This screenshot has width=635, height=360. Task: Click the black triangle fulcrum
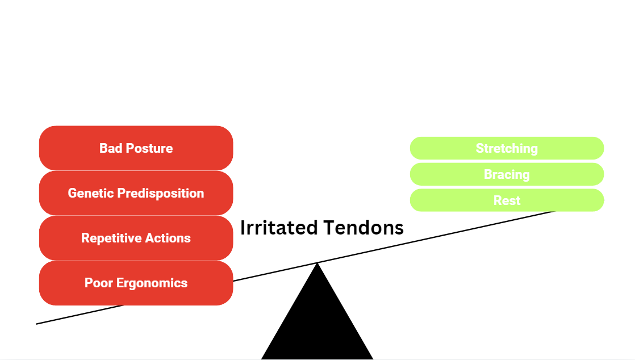(x=317, y=324)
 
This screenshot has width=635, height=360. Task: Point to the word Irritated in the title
(x=279, y=228)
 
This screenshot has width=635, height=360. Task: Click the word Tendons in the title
(x=364, y=228)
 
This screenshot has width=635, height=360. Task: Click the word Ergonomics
(x=152, y=283)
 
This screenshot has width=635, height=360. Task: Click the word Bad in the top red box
(x=111, y=148)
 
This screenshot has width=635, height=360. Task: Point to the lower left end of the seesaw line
(x=38, y=324)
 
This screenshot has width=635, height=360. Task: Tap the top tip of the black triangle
(x=317, y=263)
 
